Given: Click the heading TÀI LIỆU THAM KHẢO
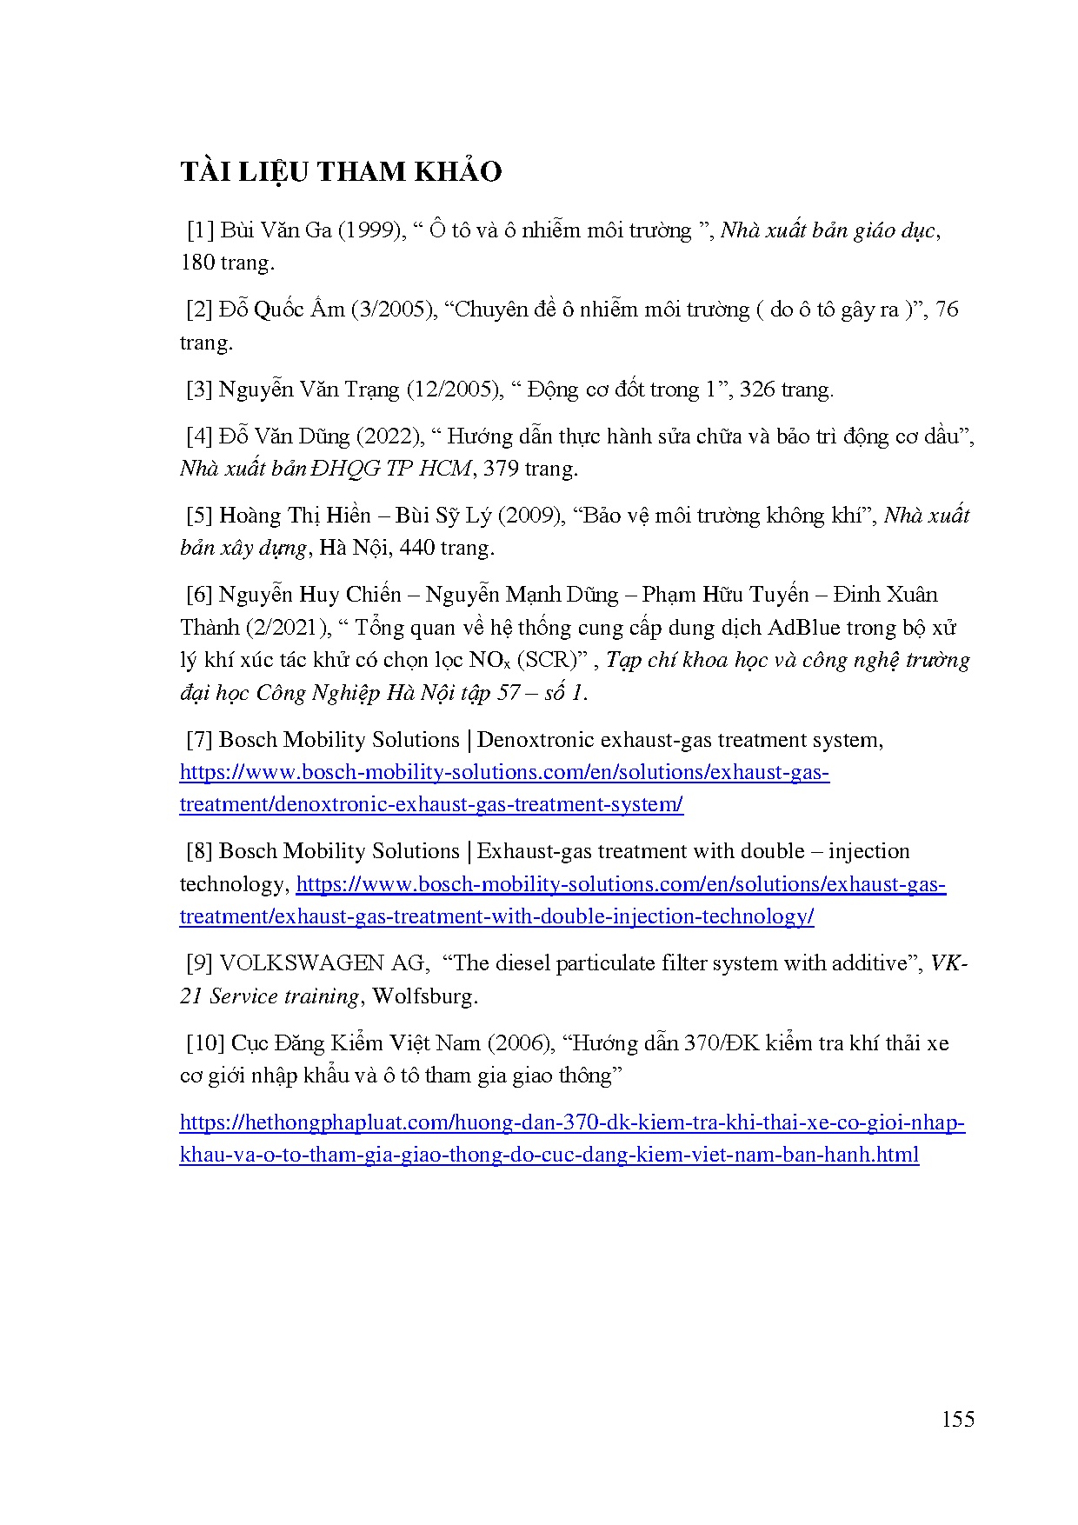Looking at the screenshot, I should (341, 172).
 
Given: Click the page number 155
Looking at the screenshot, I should (957, 1419).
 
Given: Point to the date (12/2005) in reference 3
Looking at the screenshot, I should (456, 389).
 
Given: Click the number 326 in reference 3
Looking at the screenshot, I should (757, 389).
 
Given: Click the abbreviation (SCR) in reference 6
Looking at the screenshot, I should (549, 660).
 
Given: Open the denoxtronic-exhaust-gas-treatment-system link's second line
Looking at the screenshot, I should (431, 804).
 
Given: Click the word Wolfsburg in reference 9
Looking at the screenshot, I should (424, 996).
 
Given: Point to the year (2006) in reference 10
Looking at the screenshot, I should (520, 1043).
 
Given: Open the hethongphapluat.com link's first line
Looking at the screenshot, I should (572, 1122).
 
